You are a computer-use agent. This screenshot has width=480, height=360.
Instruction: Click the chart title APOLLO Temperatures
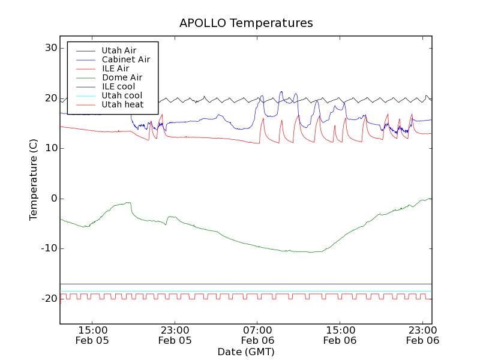click(x=246, y=23)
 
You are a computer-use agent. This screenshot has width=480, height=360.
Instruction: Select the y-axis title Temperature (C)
click(x=34, y=179)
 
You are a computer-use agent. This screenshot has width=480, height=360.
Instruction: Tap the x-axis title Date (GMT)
click(x=246, y=352)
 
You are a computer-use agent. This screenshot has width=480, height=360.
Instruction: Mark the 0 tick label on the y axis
click(x=53, y=199)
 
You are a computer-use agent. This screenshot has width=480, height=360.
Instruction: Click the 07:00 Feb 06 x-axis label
click(x=257, y=335)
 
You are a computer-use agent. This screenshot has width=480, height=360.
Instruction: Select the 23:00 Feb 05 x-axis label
click(x=175, y=335)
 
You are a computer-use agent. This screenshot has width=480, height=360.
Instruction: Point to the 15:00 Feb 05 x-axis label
click(x=92, y=335)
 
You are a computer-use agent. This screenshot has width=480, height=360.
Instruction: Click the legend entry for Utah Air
click(x=119, y=50)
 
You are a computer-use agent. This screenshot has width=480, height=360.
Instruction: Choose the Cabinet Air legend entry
click(x=125, y=59)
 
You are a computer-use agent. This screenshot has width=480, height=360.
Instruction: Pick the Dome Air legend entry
click(x=122, y=77)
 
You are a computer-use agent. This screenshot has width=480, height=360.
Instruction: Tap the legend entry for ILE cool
click(x=118, y=86)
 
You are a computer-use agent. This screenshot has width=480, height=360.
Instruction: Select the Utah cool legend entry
click(x=122, y=95)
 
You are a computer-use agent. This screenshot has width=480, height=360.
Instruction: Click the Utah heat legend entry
click(x=122, y=104)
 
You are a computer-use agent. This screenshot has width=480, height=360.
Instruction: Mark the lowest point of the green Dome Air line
click(x=311, y=252)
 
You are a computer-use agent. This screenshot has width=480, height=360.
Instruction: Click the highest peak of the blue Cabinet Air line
click(x=281, y=92)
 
